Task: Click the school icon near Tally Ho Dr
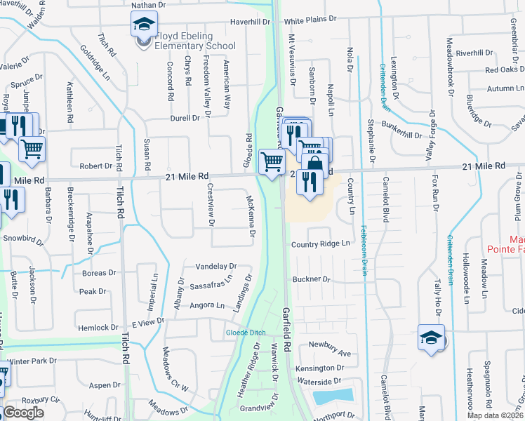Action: point(430,337)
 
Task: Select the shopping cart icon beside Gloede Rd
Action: point(272,161)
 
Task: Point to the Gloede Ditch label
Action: point(242,332)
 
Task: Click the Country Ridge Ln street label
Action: point(320,243)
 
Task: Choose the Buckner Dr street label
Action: point(311,279)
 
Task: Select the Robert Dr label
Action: point(95,166)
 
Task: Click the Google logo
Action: point(23,413)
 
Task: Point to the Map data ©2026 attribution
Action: point(494,415)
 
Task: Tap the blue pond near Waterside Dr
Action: point(332,396)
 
